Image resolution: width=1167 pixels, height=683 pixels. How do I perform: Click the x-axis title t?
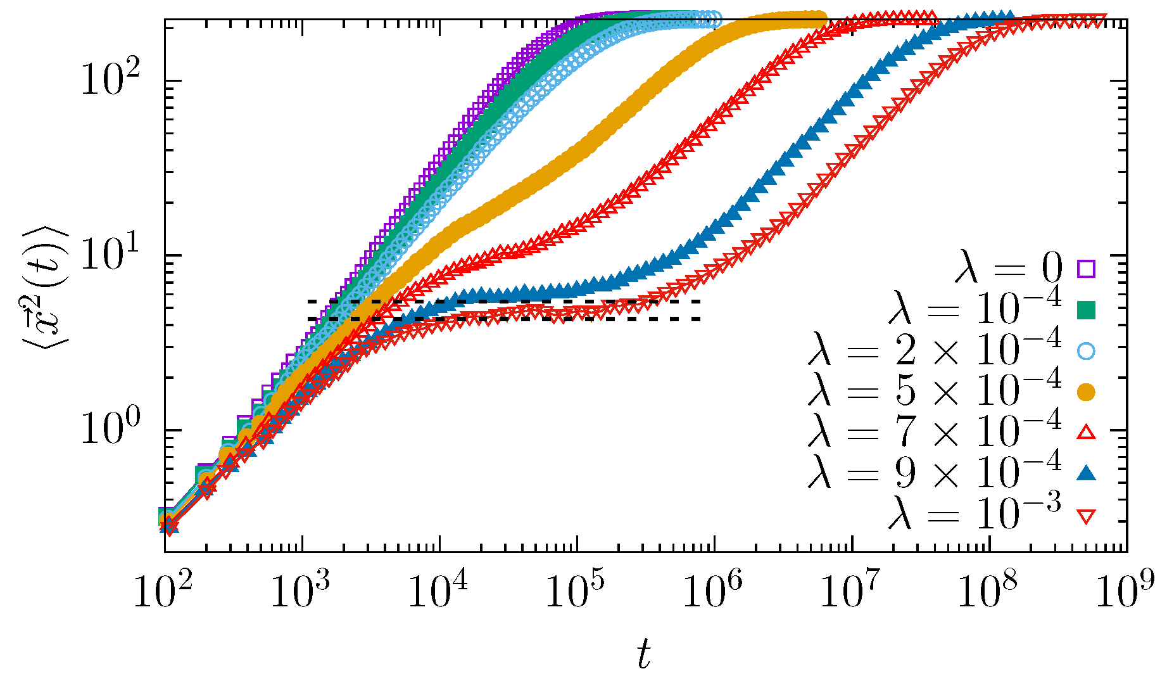644,654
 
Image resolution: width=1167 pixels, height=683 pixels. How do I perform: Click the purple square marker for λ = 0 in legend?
1086,269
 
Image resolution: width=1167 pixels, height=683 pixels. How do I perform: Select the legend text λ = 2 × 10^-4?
934,349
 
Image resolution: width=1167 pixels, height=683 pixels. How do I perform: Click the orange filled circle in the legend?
1086,392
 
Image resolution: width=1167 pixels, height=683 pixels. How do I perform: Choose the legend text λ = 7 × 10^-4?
934,431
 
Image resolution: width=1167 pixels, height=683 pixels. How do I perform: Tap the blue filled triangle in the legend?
1086,473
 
